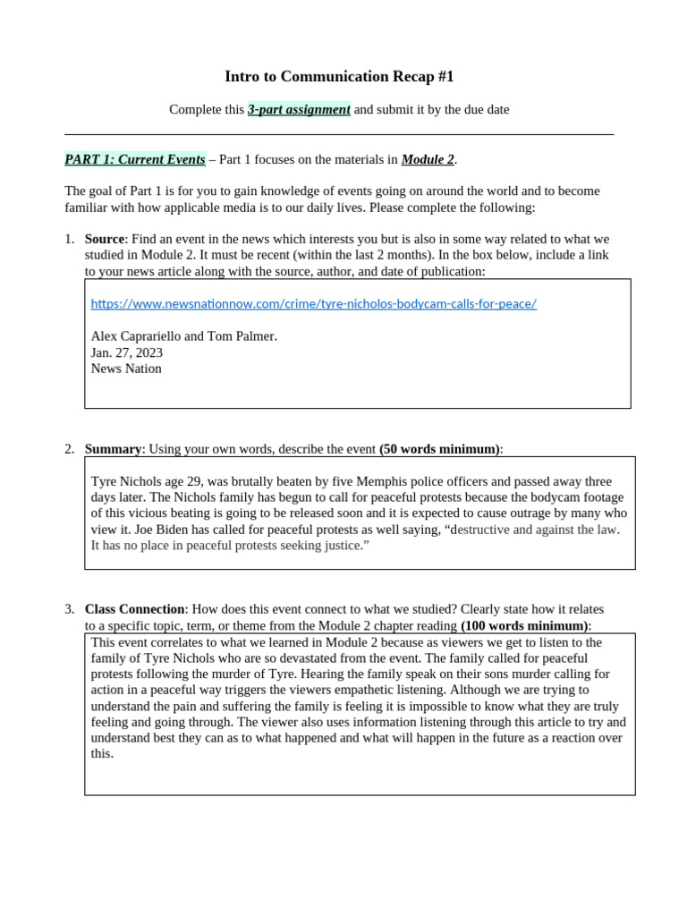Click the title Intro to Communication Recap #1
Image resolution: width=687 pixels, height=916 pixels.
pos(339,77)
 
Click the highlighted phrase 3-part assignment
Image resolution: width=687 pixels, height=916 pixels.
pos(299,110)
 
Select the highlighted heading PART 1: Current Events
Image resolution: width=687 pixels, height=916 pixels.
pos(135,160)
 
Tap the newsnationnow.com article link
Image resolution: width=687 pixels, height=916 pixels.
pos(313,303)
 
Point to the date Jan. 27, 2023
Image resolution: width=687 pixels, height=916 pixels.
pos(127,352)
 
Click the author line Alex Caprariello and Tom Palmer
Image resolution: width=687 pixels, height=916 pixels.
pos(183,336)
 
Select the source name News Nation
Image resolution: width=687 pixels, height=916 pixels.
pos(126,369)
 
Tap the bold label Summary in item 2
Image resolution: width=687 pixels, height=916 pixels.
pos(113,449)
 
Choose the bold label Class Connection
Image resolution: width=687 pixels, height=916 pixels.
pos(134,609)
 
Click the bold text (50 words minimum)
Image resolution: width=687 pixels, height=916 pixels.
pos(439,449)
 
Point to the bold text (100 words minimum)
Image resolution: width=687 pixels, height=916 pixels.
pos(524,625)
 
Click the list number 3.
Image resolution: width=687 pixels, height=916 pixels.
pos(70,609)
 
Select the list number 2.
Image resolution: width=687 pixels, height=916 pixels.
pos(70,449)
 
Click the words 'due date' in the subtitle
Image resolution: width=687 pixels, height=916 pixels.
pos(486,110)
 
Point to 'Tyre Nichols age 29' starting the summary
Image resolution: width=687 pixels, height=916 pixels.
pos(148,481)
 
